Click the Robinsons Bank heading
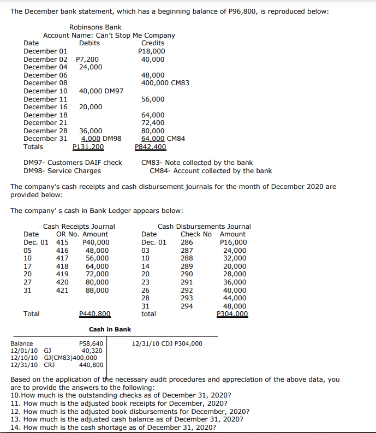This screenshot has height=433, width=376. coord(96,27)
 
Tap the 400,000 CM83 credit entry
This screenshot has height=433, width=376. coord(165,83)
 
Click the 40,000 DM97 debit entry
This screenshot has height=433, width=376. coord(101,91)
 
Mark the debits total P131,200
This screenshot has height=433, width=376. coord(88,147)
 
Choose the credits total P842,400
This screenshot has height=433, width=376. coord(150,147)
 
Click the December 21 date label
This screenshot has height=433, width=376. coord(46,123)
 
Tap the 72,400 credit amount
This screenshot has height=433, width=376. coord(153,123)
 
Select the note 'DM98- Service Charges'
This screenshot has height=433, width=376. coord(62,171)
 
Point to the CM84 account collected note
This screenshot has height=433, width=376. coord(211,171)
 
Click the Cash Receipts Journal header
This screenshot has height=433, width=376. coord(79,227)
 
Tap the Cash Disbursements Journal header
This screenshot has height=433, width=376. coord(204,227)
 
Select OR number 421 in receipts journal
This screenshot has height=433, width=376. coord(63,290)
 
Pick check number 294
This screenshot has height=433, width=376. coord(187,306)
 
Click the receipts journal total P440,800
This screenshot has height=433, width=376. coord(95,314)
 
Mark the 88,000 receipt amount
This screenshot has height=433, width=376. coord(97,290)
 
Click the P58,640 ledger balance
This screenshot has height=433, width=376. coord(91,343)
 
